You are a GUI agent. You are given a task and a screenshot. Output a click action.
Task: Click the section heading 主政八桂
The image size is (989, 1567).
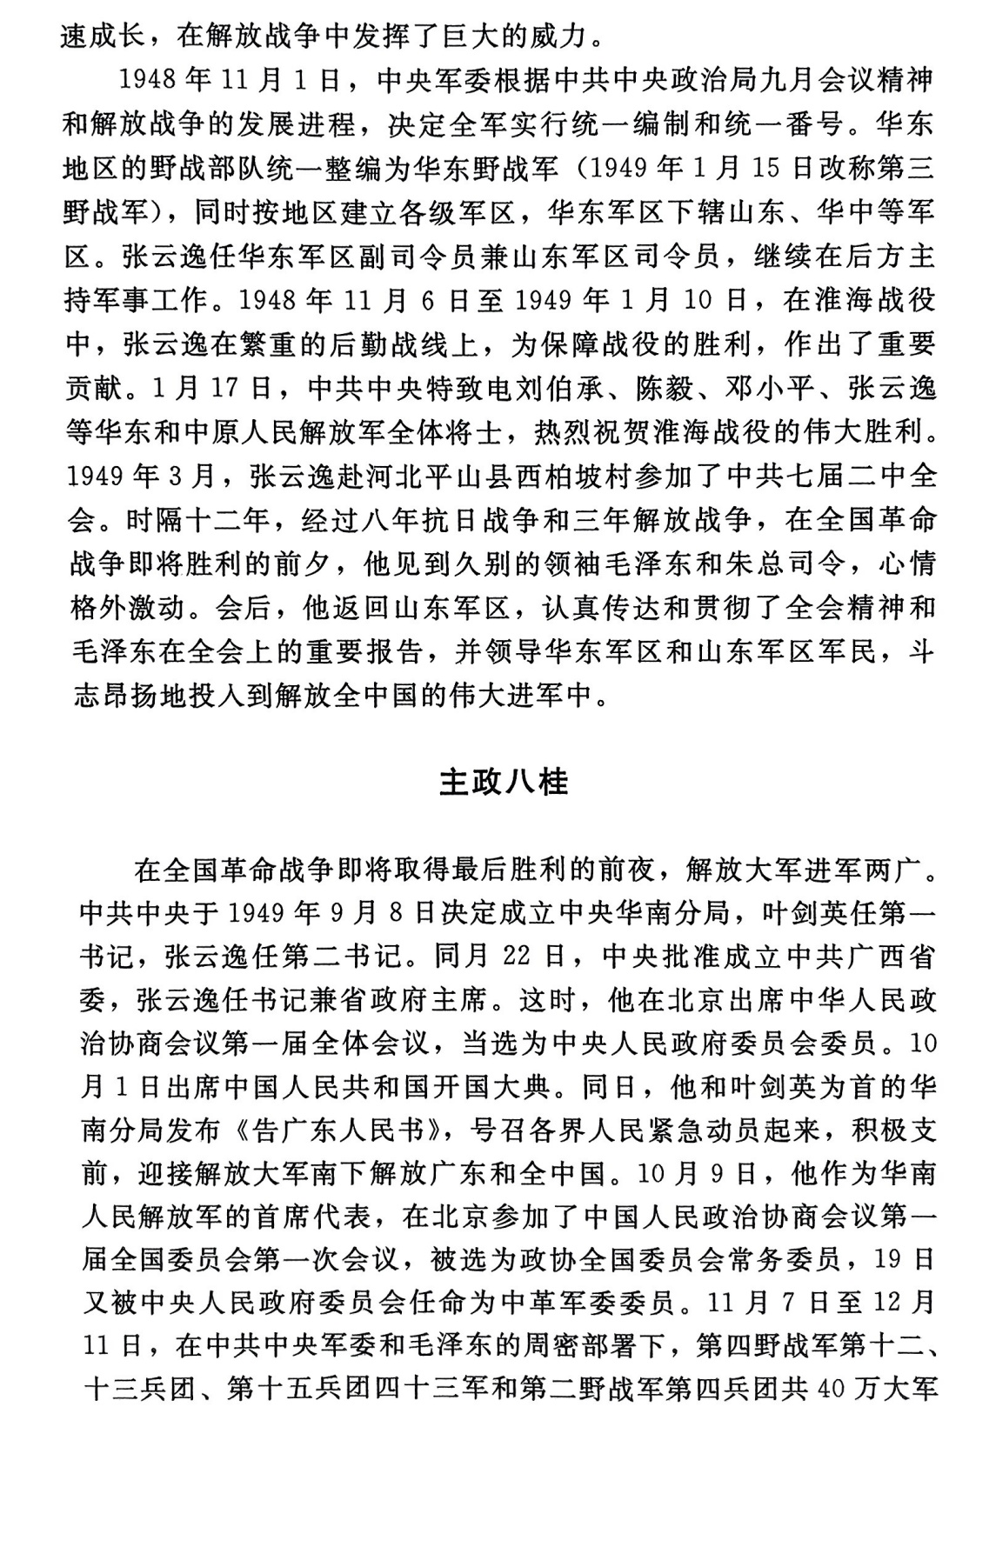click(x=504, y=782)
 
